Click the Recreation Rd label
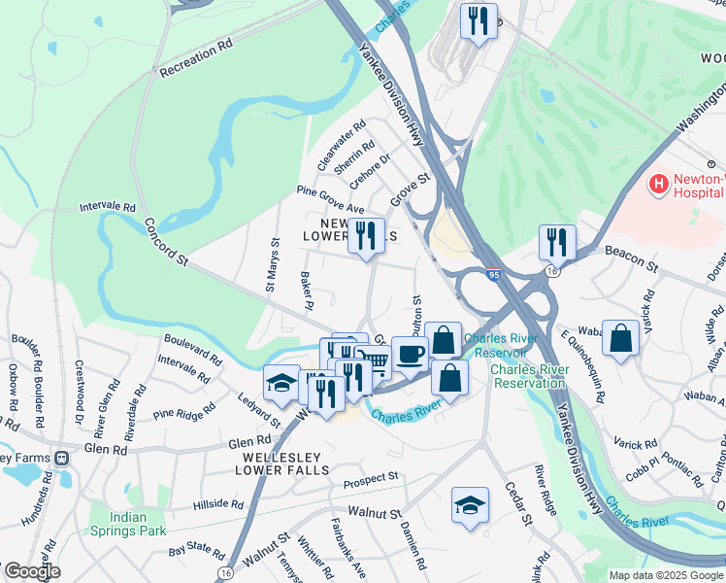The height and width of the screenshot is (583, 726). tap(196, 57)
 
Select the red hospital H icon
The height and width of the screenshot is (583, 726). tap(659, 183)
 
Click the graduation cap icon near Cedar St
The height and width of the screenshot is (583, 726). tap(470, 504)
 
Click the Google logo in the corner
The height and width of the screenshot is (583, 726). tap(31, 571)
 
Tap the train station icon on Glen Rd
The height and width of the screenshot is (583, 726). tap(63, 457)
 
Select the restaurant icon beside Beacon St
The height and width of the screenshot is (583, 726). tap(557, 241)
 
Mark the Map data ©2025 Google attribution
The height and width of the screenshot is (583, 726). tap(665, 575)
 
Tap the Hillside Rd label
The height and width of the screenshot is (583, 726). tap(218, 503)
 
